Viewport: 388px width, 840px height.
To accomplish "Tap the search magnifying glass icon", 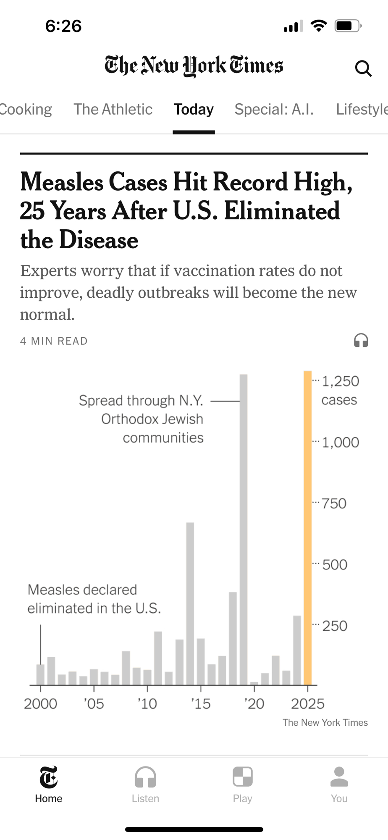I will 363,68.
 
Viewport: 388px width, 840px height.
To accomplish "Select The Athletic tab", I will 113,109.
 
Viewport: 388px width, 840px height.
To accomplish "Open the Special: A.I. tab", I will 274,109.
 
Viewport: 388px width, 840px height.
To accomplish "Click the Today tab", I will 194,109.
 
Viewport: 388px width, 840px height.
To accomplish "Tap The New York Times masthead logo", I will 194,66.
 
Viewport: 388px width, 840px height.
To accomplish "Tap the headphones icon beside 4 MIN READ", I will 361,340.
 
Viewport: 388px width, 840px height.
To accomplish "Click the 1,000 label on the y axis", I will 340,442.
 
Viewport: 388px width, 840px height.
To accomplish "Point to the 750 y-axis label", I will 334,503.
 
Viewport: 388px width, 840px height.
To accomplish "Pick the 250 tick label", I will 335,626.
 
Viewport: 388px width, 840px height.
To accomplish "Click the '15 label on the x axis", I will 201,703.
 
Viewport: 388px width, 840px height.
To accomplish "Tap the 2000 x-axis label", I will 40,703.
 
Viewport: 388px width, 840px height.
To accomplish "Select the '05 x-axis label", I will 94,703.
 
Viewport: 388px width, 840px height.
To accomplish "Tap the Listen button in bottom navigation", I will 145,784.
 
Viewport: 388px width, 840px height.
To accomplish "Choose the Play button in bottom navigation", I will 242,784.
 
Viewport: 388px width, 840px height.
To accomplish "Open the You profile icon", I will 339,784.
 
